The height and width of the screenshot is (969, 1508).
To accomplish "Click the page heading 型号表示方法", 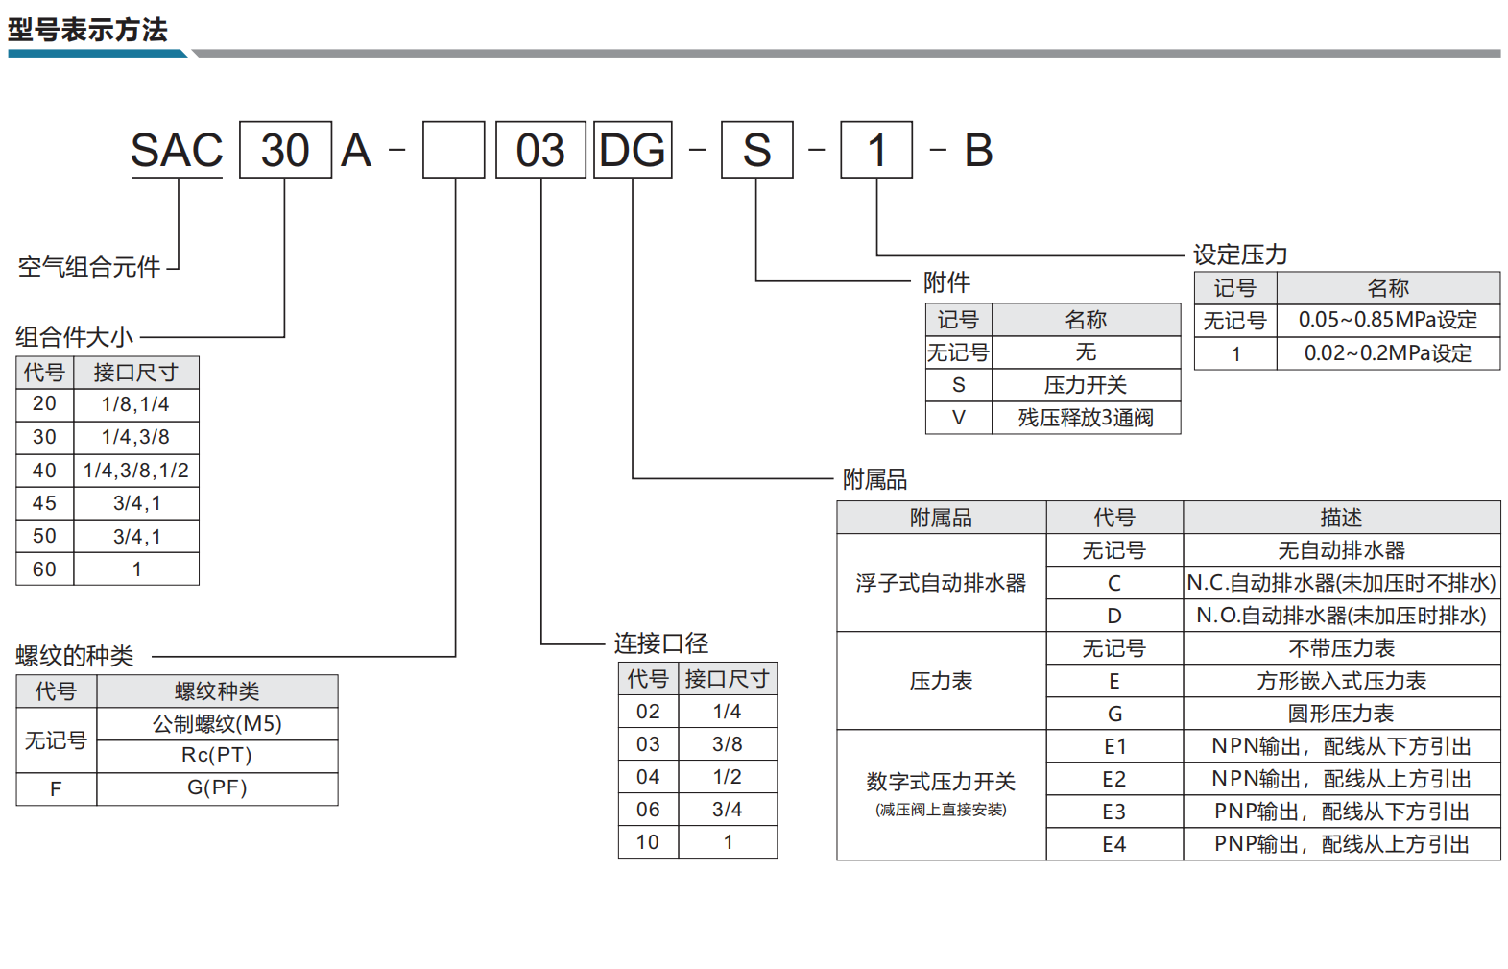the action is [x=86, y=30].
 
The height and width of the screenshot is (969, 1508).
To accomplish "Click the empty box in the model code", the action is [x=454, y=150].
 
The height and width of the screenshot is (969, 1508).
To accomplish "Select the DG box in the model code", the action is [x=633, y=150].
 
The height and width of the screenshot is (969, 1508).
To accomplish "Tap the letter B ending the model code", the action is [x=978, y=150].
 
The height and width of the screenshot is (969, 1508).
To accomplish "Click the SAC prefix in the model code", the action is [x=177, y=150].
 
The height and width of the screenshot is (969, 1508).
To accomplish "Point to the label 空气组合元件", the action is [x=89, y=267].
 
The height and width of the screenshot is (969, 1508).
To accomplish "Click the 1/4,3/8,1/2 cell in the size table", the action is [x=136, y=470].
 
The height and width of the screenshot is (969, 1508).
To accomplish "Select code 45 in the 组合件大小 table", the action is [x=44, y=503].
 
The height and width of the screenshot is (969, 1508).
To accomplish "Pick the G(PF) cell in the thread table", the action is [x=217, y=787].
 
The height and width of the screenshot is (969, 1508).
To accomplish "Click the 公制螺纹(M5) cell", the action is [x=217, y=724].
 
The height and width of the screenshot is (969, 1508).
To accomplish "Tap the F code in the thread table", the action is [x=56, y=787].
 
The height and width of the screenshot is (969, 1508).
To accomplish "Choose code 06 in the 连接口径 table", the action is [x=648, y=810].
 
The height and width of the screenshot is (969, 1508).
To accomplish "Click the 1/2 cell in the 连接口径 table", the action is [x=727, y=776].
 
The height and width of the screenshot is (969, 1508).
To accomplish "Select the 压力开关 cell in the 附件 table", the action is [x=1086, y=385].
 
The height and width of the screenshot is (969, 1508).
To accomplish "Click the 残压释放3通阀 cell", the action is [x=1086, y=418].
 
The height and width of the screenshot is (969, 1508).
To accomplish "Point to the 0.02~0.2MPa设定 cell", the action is [x=1388, y=353].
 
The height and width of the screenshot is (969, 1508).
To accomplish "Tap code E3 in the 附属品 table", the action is [x=1114, y=812].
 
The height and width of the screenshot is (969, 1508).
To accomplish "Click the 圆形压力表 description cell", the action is [x=1341, y=714].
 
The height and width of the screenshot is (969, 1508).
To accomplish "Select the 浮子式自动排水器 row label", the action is [x=941, y=583].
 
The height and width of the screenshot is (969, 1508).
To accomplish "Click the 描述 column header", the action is [x=1341, y=518].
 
